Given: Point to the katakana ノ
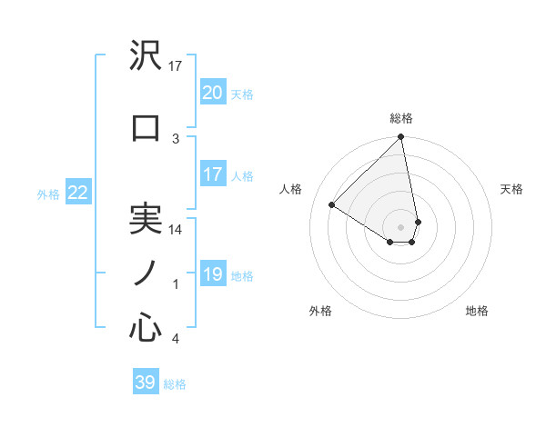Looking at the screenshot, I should click(x=145, y=273).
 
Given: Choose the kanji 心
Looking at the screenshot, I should click(x=146, y=328).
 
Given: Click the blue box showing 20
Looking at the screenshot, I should click(x=212, y=93).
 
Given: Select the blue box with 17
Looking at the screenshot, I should click(x=212, y=174).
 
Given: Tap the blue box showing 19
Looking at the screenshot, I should click(x=212, y=274).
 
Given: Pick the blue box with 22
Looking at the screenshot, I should click(x=78, y=193).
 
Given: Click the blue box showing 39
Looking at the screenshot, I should click(x=146, y=382).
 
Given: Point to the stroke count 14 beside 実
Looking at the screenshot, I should click(x=176, y=230).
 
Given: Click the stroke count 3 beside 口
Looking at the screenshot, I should click(x=176, y=138).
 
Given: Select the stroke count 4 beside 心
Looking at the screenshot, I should click(x=176, y=339).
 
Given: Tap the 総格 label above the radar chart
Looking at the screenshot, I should click(x=401, y=118).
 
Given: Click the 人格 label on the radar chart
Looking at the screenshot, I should click(x=291, y=189).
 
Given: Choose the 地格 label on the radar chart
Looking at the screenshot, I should click(x=477, y=311).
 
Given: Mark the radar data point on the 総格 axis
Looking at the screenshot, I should click(x=401, y=138).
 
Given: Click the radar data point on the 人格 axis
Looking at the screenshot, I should click(x=332, y=205).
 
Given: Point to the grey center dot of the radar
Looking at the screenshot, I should click(x=401, y=227).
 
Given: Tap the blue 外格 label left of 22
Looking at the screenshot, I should click(x=48, y=194).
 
